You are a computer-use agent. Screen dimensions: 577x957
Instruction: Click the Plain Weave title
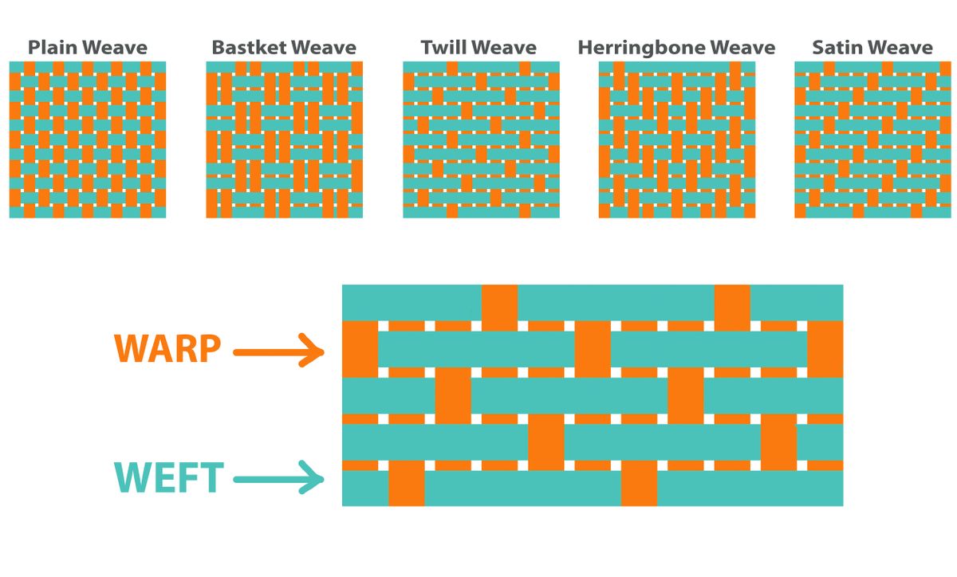(x=88, y=48)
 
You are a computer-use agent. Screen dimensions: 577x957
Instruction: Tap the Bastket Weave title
(x=284, y=48)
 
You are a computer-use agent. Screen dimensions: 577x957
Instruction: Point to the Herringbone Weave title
(x=676, y=48)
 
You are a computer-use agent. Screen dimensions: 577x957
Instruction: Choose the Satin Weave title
(x=872, y=48)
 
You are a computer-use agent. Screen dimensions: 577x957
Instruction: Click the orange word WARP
(x=167, y=349)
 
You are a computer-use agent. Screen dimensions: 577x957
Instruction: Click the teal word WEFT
(x=167, y=478)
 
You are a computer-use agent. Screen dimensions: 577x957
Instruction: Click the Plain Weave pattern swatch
(x=88, y=139)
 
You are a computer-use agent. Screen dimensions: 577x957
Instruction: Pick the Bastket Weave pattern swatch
(x=284, y=139)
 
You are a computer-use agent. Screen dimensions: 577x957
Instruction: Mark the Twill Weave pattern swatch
(x=480, y=139)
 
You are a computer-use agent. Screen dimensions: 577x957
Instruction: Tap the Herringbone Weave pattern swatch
(x=676, y=139)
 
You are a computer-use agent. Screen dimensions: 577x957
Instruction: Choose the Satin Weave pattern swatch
(x=872, y=139)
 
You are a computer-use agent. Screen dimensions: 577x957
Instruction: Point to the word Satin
(x=837, y=48)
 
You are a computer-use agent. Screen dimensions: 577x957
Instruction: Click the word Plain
(x=51, y=48)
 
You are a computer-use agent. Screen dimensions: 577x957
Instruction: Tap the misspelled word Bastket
(x=248, y=48)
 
